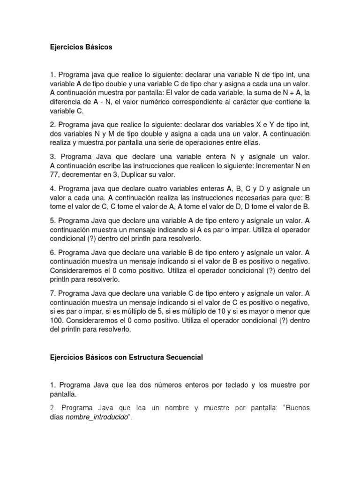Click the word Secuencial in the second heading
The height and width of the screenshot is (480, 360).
point(184,357)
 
